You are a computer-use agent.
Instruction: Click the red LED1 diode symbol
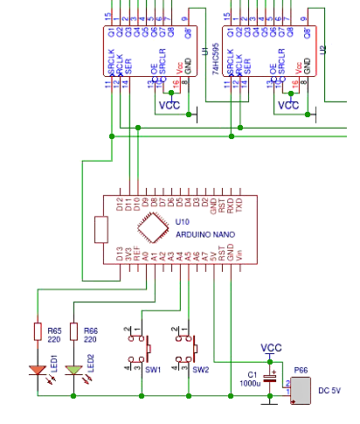click(37, 369)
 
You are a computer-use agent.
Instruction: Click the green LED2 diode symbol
click(74, 369)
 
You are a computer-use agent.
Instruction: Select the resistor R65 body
click(37, 331)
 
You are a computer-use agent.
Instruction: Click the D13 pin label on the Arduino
click(120, 255)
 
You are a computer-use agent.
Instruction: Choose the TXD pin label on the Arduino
click(239, 206)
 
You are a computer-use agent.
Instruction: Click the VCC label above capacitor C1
click(273, 348)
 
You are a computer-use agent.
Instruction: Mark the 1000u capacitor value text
click(250, 383)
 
